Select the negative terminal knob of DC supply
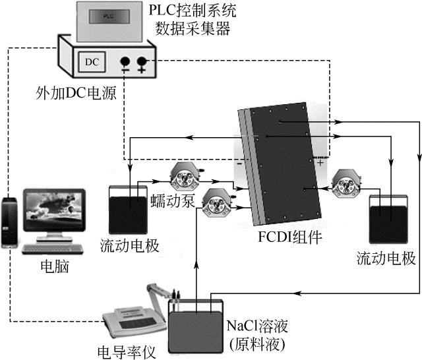point(125,63)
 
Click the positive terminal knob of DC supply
point(142,63)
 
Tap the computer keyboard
point(55,249)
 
